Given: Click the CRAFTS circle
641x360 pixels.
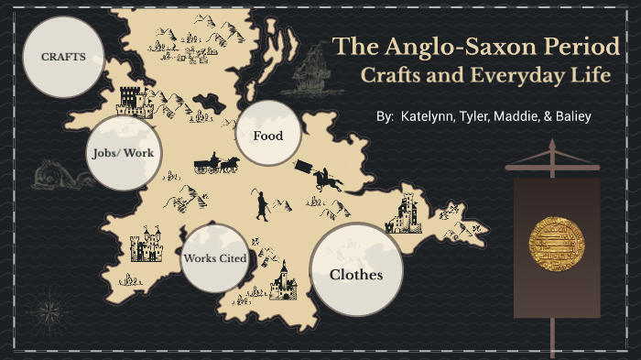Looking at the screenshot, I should tap(62, 57).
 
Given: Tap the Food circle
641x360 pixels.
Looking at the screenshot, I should tap(267, 136).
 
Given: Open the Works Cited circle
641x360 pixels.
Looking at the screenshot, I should tap(214, 257).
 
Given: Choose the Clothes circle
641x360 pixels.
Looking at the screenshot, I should tap(355, 274).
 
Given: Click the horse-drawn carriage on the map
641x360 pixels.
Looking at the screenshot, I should tap(216, 164).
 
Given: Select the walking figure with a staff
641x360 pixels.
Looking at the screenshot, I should tap(263, 205).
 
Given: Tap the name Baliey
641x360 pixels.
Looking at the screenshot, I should tap(570, 117).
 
